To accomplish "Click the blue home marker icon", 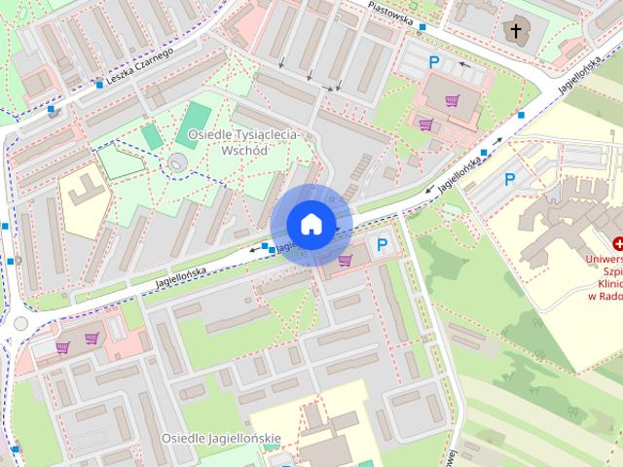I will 311,224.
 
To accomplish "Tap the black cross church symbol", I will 516,31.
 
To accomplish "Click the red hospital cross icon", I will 617,243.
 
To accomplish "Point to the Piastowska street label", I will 391,15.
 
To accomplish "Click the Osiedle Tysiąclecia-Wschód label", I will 243,143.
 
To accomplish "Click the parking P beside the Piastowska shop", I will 434,61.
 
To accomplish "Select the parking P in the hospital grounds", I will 509,179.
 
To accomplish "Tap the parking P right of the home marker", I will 383,245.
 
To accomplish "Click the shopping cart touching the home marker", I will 345,260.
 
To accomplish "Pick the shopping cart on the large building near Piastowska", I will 452,99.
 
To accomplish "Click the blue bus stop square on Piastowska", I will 421,27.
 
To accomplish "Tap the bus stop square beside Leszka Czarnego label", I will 99,84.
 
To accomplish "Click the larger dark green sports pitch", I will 198,115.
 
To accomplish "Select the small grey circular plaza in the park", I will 176,162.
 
